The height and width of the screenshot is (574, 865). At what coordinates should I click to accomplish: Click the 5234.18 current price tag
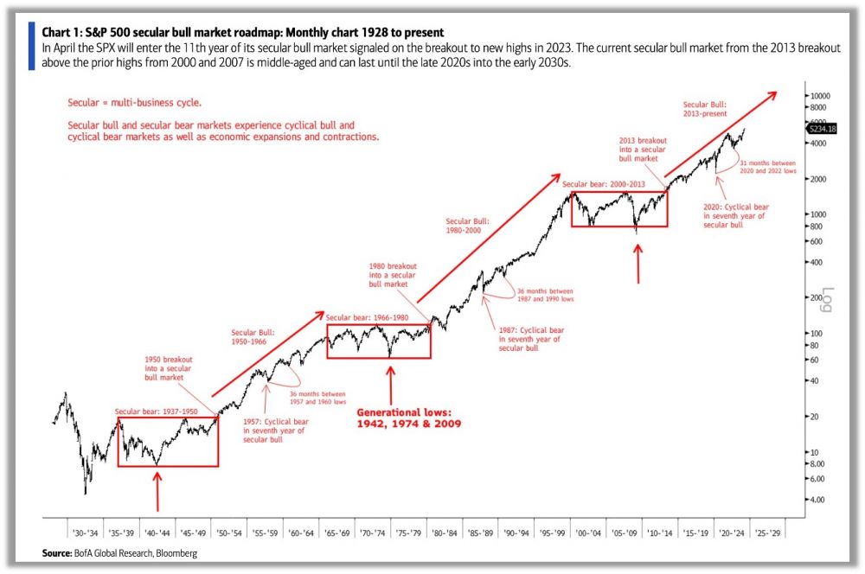click(x=821, y=128)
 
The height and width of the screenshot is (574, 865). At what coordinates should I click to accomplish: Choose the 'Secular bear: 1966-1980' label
click(x=377, y=318)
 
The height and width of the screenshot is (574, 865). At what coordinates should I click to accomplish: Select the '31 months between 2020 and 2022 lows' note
click(x=766, y=168)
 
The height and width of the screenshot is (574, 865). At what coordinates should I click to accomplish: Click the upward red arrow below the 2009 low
click(x=639, y=264)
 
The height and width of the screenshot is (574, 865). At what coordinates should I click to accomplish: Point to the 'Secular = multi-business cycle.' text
click(x=134, y=103)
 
